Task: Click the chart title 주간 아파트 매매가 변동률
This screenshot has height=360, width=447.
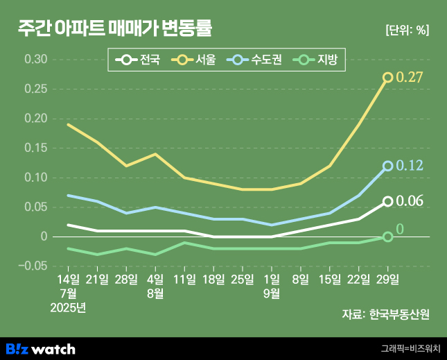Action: pyautogui.click(x=115, y=28)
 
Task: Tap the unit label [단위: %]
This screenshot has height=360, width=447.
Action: pyautogui.click(x=407, y=30)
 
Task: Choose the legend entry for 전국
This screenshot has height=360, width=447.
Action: pyautogui.click(x=139, y=60)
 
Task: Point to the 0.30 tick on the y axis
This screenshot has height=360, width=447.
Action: pyautogui.click(x=35, y=60)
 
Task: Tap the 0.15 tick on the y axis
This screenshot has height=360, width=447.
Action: pyautogui.click(x=35, y=148)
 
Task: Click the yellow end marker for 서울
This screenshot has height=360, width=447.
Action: pyautogui.click(x=388, y=78)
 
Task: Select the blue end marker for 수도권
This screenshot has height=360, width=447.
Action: pyautogui.click(x=388, y=166)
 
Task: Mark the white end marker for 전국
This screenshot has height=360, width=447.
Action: pyautogui.click(x=388, y=201)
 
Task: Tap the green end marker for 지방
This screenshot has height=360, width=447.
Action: pyautogui.click(x=388, y=237)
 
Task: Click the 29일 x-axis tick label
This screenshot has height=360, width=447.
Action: pyautogui.click(x=388, y=280)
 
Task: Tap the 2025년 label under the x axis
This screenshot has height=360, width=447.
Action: pyautogui.click(x=68, y=307)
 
